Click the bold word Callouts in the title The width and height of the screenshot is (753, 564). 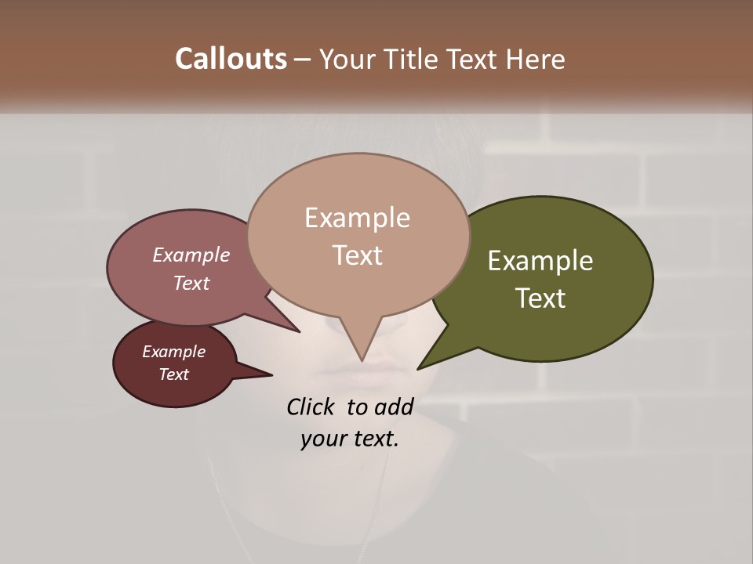point(231,59)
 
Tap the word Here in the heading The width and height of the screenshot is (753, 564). point(535,59)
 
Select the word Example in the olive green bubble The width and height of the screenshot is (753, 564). point(540,261)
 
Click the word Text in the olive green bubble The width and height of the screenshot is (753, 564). point(540,298)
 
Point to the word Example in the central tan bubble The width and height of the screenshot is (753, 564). point(357,218)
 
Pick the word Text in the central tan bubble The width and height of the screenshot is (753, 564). point(357,255)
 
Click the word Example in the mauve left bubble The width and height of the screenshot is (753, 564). point(191,255)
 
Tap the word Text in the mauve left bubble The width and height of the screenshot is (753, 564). point(191,283)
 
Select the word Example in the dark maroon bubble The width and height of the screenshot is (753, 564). point(173,352)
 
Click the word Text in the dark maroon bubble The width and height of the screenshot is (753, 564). point(173,374)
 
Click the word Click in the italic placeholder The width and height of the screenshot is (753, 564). point(312,407)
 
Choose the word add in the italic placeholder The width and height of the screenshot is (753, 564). point(394,407)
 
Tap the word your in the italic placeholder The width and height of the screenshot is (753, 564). point(322,439)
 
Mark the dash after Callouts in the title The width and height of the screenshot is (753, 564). point(303,59)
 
